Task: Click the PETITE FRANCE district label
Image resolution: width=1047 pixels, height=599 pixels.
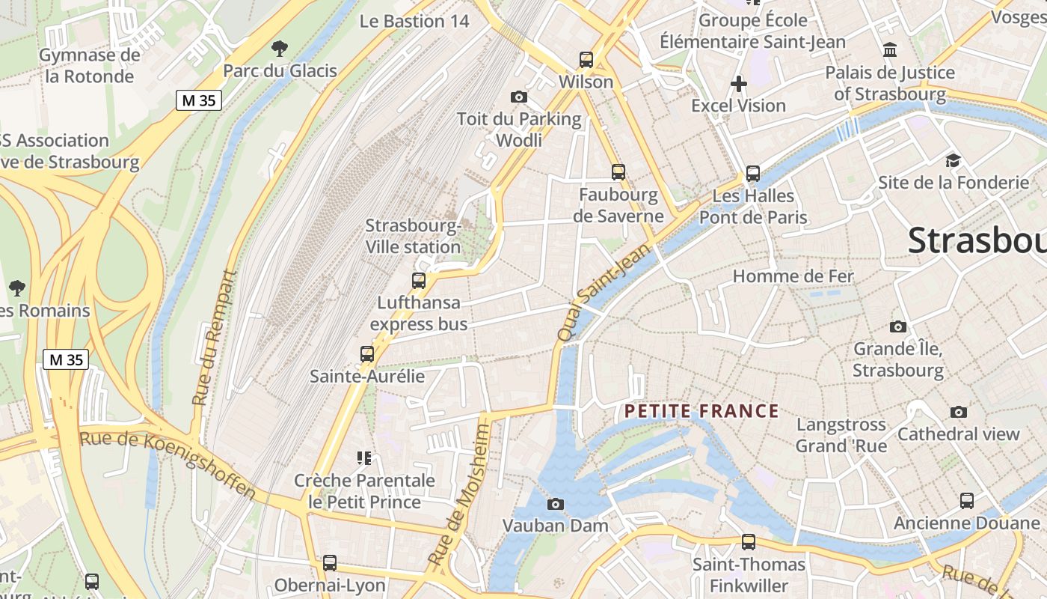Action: [x=701, y=411]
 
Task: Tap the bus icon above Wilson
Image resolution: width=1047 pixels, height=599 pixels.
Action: [x=586, y=60]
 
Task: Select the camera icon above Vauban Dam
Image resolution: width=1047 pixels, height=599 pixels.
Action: [x=556, y=504]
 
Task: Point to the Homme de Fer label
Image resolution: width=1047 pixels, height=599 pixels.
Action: [x=793, y=276]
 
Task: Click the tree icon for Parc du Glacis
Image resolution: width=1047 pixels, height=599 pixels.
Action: [x=280, y=49]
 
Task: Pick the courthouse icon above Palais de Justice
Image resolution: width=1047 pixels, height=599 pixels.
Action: [x=890, y=50]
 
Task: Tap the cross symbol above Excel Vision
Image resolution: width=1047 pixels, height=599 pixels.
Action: [x=739, y=84]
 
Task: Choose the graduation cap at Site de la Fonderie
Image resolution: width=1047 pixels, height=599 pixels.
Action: [x=953, y=161]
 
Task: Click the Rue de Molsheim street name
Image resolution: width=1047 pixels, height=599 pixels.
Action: [x=458, y=495]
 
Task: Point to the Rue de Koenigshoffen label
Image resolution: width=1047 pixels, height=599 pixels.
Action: [x=168, y=464]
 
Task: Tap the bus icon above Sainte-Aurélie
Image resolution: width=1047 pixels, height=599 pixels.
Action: [x=367, y=354]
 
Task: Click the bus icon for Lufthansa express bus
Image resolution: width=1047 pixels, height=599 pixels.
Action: [x=419, y=282]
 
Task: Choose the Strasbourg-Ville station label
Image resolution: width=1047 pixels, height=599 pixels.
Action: [x=413, y=236]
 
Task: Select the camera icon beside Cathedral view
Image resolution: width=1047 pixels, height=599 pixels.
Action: [x=959, y=413]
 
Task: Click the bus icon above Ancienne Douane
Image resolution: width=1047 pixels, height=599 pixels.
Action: [x=967, y=501]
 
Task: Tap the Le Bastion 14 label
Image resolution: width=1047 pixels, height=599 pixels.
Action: [x=414, y=21]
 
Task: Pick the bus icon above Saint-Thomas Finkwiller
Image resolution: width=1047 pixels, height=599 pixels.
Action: [x=749, y=542]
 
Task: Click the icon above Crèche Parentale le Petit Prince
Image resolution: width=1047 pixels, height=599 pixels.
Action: [x=364, y=457]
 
